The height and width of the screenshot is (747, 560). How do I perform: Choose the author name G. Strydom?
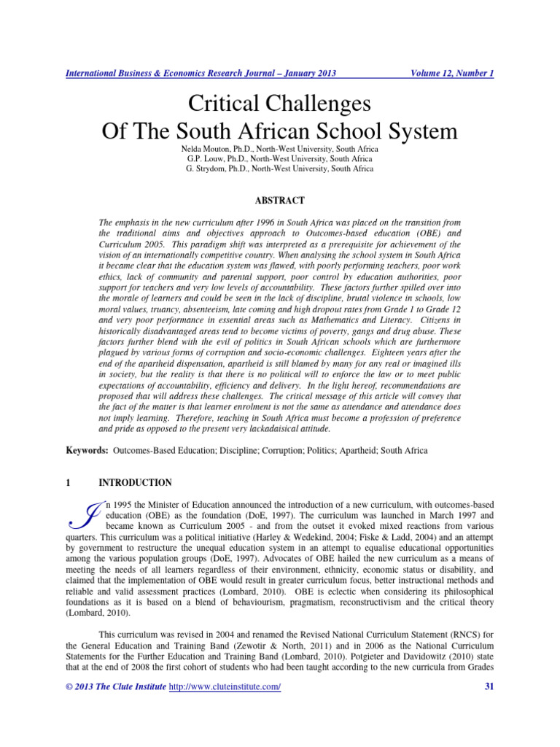pyautogui.click(x=207, y=169)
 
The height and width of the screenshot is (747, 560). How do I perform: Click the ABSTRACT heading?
pyautogui.click(x=280, y=200)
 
